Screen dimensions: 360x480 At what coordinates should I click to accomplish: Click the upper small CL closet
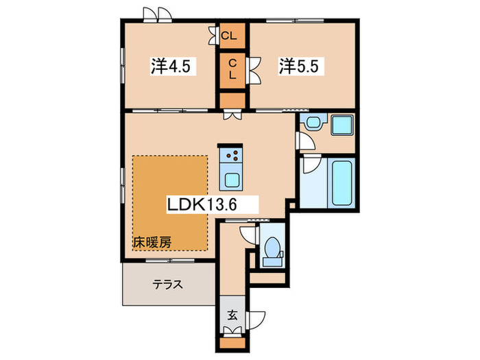232,33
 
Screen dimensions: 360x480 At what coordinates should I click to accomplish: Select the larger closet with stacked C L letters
232,68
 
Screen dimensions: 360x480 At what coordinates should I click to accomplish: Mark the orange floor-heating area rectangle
169,203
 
